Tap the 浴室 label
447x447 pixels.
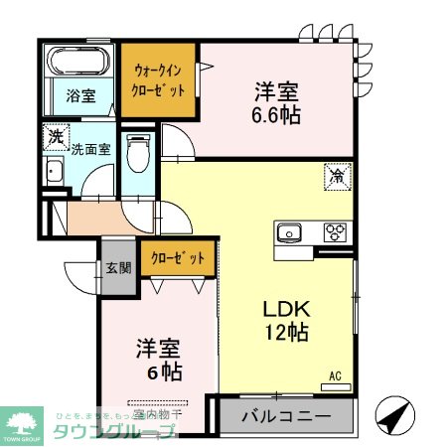(80, 97)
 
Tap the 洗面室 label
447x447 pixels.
(90, 150)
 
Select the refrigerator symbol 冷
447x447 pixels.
(338, 179)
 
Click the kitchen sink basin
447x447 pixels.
(291, 233)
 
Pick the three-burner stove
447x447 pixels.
(335, 233)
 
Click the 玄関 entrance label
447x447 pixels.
(115, 267)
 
